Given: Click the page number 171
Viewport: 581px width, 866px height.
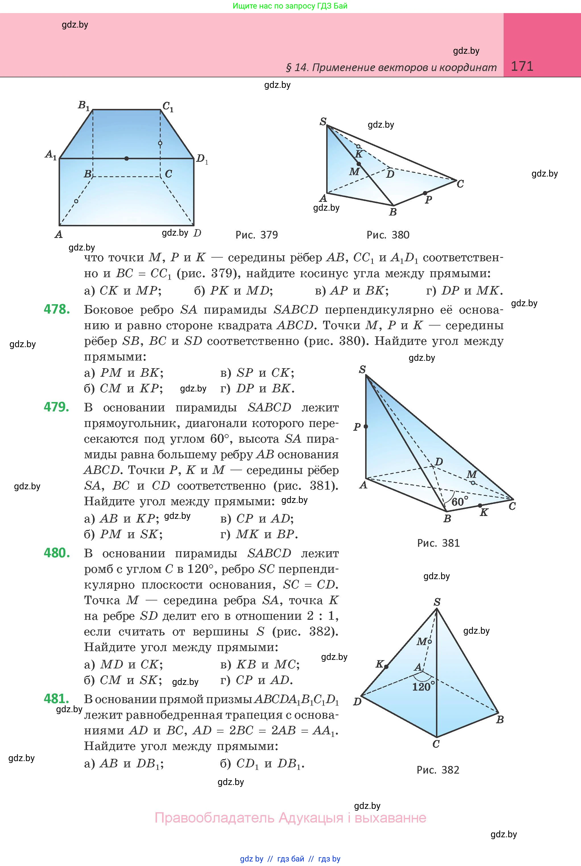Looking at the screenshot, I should point(522,66).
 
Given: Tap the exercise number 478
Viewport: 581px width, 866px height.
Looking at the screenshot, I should point(57,309).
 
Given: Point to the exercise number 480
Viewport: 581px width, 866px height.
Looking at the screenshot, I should point(57,553).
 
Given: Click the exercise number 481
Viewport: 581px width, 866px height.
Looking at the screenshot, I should point(56,699).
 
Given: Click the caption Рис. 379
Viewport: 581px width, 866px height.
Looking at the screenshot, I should point(257,235).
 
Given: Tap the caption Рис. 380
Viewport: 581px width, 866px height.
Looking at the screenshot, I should point(388,235).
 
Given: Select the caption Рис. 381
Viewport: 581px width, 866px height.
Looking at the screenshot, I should point(438,543).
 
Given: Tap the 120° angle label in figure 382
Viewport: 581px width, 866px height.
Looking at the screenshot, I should point(422,687).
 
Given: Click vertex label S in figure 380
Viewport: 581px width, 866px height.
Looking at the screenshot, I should point(323,121).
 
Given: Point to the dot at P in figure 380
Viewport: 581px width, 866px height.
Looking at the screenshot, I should point(425,193).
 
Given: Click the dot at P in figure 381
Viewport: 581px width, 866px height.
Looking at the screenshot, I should point(366,427).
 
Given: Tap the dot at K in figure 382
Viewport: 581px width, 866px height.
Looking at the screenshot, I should point(386,667).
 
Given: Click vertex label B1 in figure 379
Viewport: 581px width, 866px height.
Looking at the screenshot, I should point(84,105).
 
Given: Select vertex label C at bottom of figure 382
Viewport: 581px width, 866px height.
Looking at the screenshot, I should point(436,744).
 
